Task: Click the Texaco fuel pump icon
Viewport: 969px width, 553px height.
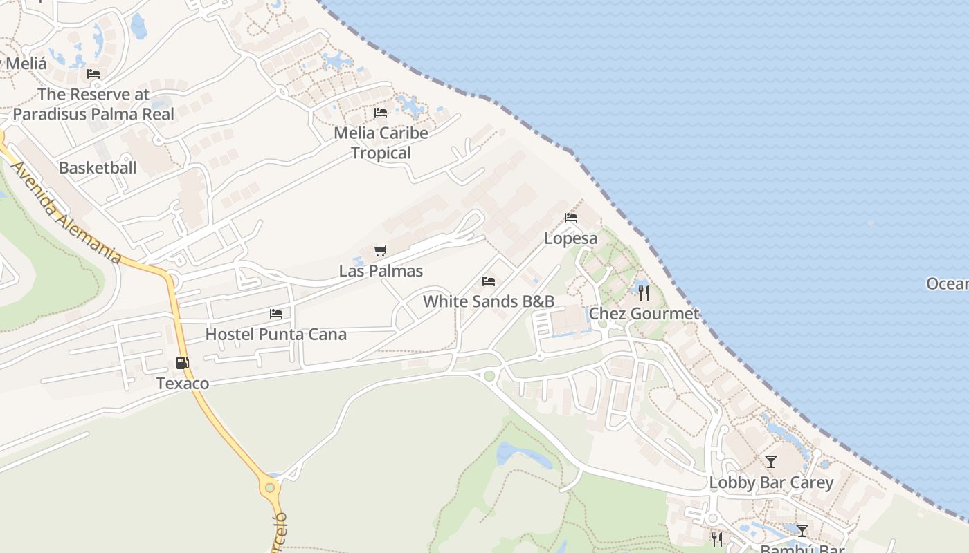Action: click(x=182, y=362)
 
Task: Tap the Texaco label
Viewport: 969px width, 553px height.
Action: click(x=183, y=383)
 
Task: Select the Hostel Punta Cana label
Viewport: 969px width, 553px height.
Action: click(x=275, y=335)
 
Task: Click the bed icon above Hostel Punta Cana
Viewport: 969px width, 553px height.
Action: click(x=276, y=314)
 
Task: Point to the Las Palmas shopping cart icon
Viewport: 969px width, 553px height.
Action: click(x=380, y=250)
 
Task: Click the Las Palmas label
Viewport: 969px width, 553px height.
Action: click(x=381, y=270)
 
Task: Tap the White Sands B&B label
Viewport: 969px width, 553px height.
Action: click(x=489, y=301)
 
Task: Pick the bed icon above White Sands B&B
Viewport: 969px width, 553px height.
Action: click(x=489, y=281)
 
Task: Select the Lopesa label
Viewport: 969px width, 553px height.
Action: click(x=570, y=238)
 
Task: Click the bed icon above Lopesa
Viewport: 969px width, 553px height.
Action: click(x=571, y=218)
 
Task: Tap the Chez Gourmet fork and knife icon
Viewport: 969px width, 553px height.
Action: click(x=644, y=293)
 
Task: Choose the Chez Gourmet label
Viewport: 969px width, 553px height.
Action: click(x=644, y=314)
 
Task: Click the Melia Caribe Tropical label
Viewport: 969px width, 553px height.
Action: click(x=381, y=142)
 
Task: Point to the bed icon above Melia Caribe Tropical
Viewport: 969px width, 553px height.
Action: click(x=380, y=113)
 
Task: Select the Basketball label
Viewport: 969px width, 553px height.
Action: click(x=98, y=167)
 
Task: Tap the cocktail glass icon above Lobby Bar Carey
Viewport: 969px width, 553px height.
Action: click(x=770, y=462)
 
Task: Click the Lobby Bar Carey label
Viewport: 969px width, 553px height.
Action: click(x=771, y=482)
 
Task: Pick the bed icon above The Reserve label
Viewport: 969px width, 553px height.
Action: click(x=93, y=74)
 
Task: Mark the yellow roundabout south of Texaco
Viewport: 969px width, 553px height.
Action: click(x=269, y=487)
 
